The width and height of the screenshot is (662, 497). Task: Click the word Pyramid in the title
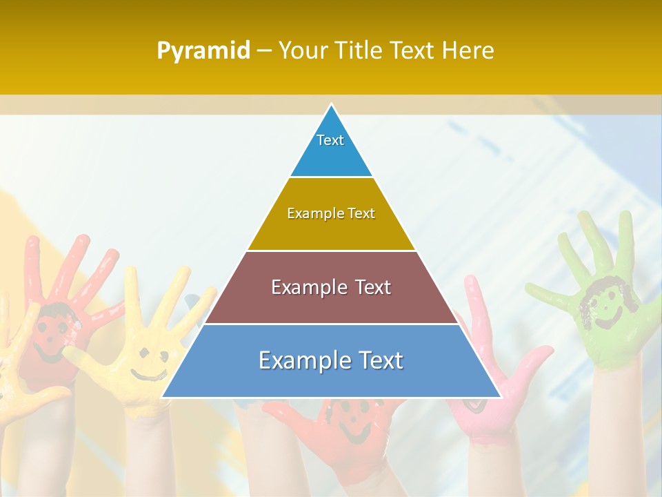(x=203, y=50)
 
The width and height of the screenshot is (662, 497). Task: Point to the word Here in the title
(x=468, y=50)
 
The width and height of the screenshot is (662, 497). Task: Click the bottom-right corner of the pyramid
(x=501, y=397)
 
